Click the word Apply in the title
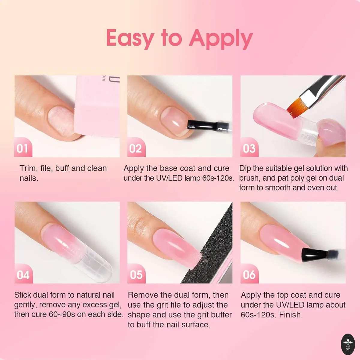pyautogui.click(x=221, y=39)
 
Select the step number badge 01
pyautogui.click(x=23, y=147)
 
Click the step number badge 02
pyautogui.click(x=136, y=147)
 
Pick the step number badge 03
pyautogui.click(x=249, y=147)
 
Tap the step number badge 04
pyautogui.click(x=23, y=274)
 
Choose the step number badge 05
pyautogui.click(x=136, y=274)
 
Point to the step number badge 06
pyautogui.click(x=249, y=274)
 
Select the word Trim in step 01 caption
pyautogui.click(x=28, y=168)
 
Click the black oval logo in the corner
pyautogui.click(x=348, y=344)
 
